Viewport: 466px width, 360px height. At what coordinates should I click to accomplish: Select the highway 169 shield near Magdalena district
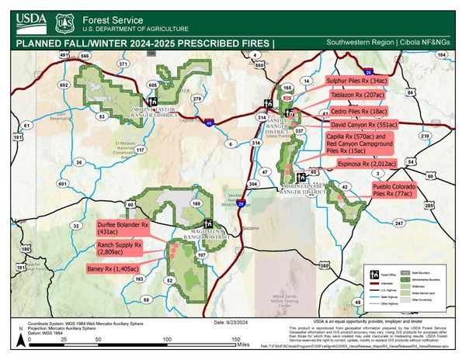click(x=196, y=203)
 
